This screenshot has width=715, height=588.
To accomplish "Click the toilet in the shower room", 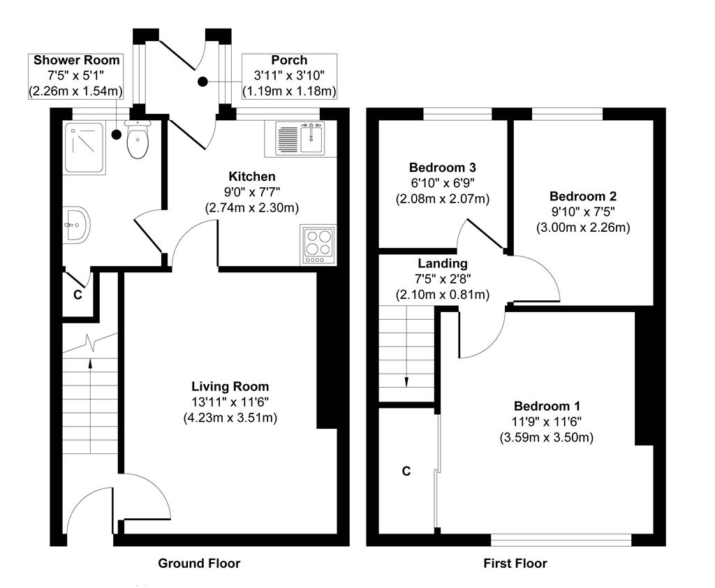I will click(138, 142).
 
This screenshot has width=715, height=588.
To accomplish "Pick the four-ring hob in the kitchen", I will click(318, 244).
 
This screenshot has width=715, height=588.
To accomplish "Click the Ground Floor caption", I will click(199, 564).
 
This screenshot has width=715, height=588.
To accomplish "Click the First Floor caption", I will click(515, 564).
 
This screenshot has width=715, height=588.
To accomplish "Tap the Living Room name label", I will click(230, 386).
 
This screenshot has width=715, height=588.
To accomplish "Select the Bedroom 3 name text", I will click(442, 168).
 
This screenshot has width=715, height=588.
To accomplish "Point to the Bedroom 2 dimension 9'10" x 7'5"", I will click(582, 212).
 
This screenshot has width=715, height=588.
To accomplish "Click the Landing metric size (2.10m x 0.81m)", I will click(442, 295).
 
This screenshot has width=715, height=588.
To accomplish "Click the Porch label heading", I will click(290, 60).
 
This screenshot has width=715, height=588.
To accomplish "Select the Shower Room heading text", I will click(77, 60).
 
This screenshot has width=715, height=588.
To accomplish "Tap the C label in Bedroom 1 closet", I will click(406, 471).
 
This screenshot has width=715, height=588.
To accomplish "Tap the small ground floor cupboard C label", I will click(78, 295).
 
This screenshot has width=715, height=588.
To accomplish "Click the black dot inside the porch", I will click(202, 82).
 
